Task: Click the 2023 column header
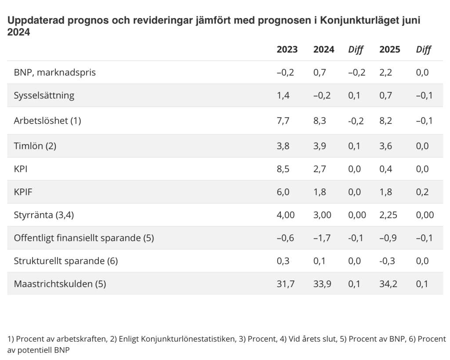click(x=287, y=50)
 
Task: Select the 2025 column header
click(x=390, y=50)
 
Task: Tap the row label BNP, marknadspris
click(x=55, y=73)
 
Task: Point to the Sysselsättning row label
click(x=44, y=95)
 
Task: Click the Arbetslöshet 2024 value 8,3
click(x=320, y=121)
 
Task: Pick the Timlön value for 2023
click(x=283, y=146)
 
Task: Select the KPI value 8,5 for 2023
click(x=283, y=169)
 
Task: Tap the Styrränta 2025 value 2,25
click(x=389, y=215)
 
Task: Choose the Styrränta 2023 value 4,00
click(x=286, y=215)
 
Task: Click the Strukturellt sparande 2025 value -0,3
click(x=387, y=261)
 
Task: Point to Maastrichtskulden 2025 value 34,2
click(x=388, y=284)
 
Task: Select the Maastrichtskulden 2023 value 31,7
click(x=285, y=284)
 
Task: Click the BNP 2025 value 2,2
click(x=386, y=73)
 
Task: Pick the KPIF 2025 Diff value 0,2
click(x=422, y=192)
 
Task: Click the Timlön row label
click(x=35, y=146)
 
